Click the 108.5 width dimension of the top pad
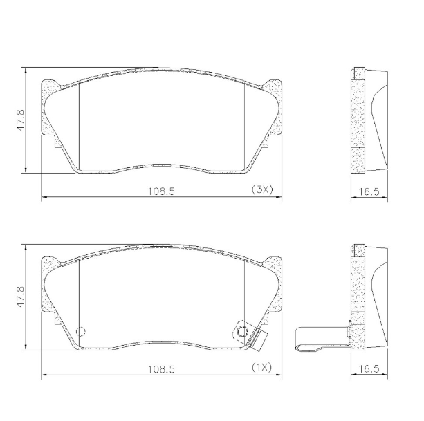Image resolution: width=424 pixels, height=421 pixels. tap(161, 190)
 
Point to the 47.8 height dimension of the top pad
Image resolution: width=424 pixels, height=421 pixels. tap(21, 119)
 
